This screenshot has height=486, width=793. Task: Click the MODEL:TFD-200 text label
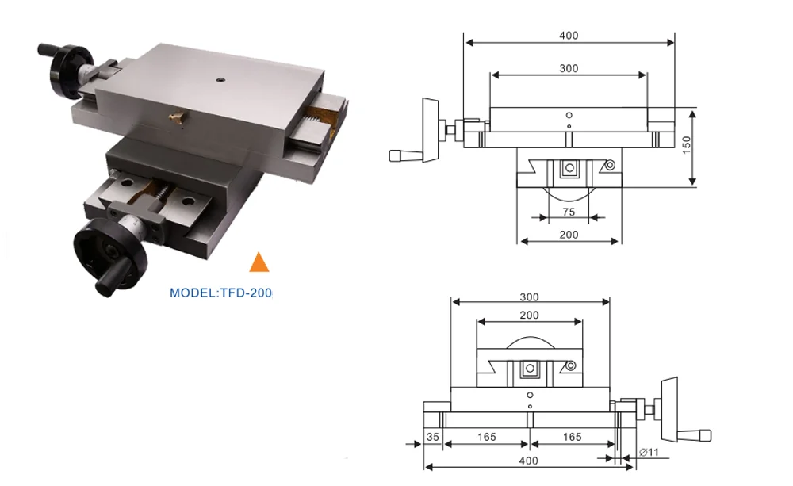(x=221, y=293)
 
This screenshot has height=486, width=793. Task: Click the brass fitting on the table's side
(x=175, y=118)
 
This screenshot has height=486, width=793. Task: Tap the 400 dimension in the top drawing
(x=569, y=35)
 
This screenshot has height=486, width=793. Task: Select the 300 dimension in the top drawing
(x=569, y=68)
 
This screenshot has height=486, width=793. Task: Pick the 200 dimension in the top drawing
(x=569, y=235)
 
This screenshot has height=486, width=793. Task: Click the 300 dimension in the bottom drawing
(x=530, y=297)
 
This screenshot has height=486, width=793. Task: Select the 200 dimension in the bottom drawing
(x=530, y=315)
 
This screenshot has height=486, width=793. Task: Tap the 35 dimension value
(x=433, y=437)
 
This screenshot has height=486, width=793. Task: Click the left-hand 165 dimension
(x=487, y=437)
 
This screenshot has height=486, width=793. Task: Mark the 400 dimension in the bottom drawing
(x=529, y=461)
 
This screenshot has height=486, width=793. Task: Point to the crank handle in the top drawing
(x=408, y=154)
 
